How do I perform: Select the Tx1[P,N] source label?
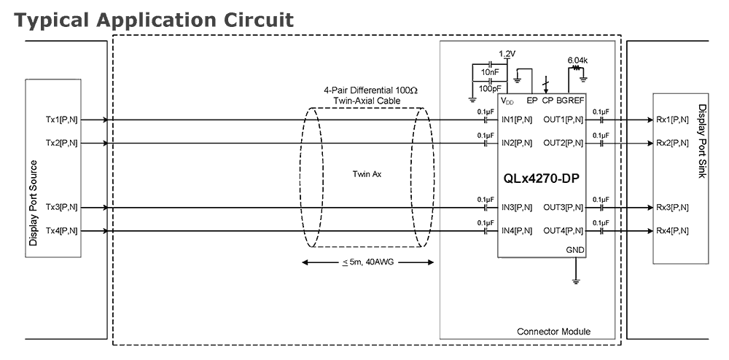tap(62, 120)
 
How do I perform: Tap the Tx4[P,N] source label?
tap(62, 231)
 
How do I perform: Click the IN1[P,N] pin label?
tap(517, 120)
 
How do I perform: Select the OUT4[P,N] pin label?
tap(564, 231)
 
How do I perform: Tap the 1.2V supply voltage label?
tap(507, 54)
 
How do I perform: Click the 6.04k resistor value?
tap(577, 60)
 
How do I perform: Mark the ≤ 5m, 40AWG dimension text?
tap(368, 262)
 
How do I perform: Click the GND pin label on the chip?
tap(575, 250)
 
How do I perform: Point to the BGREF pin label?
tap(571, 101)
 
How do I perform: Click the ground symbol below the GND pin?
tap(576, 280)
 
